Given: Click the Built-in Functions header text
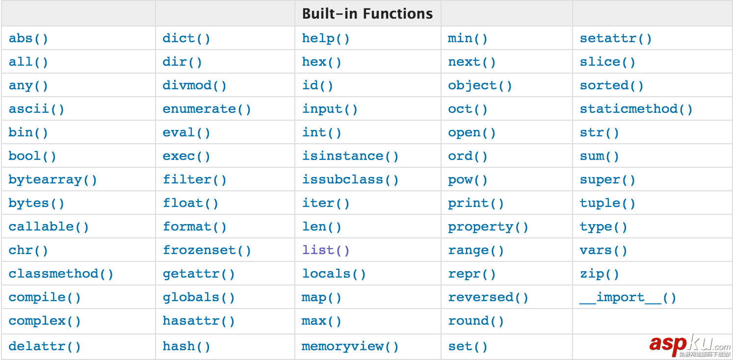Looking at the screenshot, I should point(367,13).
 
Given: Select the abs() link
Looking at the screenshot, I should point(28,38).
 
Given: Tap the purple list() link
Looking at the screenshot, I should point(326,250).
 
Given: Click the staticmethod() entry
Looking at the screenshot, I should point(636,109).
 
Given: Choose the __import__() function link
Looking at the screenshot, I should point(628,297).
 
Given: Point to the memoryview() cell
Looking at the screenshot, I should point(350,346).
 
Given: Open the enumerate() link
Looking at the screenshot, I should point(207,109).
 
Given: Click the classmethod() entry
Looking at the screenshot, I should point(61,274).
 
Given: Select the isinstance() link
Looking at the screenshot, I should point(350,156).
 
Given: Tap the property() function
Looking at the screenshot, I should point(488,227).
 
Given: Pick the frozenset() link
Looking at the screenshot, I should point(207,250).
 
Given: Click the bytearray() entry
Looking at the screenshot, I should point(53,180).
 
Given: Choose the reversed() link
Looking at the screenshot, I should point(488,297).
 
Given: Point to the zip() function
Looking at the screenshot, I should point(599,274).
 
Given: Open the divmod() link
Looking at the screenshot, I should point(194,85).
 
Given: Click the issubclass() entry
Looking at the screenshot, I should point(350,180).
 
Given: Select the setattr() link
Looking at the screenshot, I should point(615,38).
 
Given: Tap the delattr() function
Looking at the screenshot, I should point(45,346).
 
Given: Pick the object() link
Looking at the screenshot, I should point(479,85).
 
